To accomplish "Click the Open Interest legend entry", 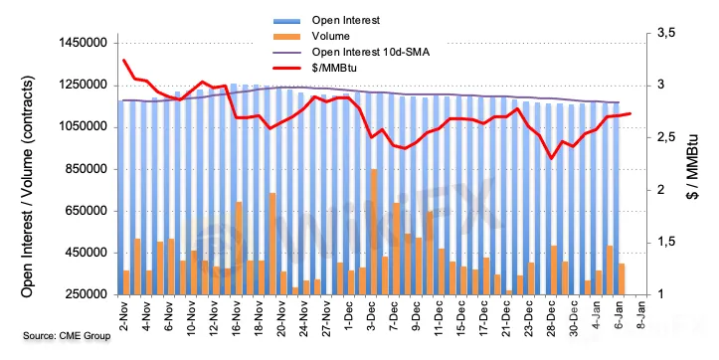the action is [346, 20].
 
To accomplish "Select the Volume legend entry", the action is [330, 36].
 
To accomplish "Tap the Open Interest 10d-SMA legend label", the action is [371, 52].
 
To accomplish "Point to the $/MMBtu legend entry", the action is [334, 68].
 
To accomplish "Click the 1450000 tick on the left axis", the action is [83, 43].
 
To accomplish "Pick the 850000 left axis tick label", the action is [87, 169].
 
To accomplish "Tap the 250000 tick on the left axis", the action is [87, 295].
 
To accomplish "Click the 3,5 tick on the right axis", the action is [666, 33].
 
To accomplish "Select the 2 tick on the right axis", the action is [661, 190].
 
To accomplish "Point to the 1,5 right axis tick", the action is [666, 242].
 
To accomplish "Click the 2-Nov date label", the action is [124, 316].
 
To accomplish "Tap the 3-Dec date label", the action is [372, 316].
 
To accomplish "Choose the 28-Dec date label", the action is [552, 318].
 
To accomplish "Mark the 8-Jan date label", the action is [641, 315].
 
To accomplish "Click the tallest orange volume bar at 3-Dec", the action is [374, 232].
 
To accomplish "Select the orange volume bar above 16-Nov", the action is [239, 248].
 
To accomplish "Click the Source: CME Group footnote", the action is [67, 336].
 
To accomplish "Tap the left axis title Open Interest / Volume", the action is [28, 187].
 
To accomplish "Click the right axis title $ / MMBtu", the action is [692, 166].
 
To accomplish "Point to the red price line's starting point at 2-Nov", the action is [124, 60].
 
